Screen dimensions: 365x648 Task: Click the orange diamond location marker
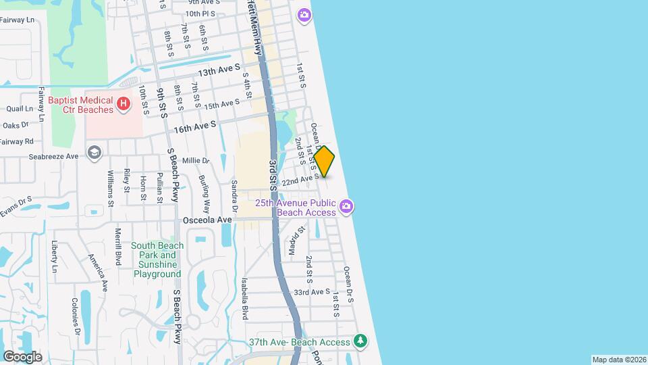324,162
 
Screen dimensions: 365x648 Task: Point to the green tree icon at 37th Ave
361,341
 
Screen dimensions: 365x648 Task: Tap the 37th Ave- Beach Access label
299,342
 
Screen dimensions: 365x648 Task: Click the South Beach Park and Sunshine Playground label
157,260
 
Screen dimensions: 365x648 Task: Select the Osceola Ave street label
207,220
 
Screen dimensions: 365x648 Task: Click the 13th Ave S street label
219,70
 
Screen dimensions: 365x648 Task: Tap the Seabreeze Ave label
54,156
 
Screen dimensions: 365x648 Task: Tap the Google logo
22,356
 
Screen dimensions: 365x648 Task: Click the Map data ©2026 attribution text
618,360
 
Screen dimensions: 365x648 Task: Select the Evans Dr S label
16,205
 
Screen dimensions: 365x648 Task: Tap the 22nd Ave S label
300,180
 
